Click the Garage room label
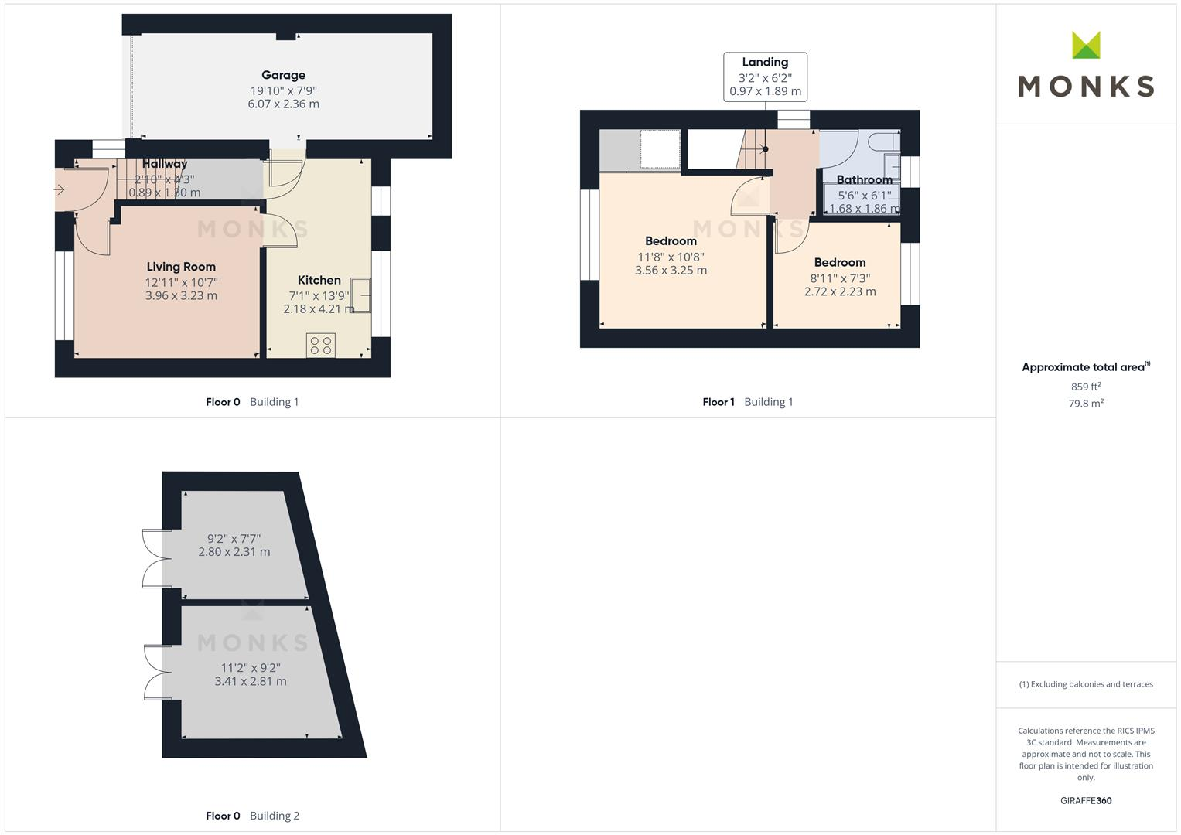pyautogui.click(x=283, y=75)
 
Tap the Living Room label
pyautogui.click(x=181, y=267)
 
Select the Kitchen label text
pyautogui.click(x=319, y=280)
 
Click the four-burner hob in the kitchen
pyautogui.click(x=321, y=345)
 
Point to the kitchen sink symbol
pyautogui.click(x=361, y=295)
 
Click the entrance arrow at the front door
pyautogui.click(x=60, y=189)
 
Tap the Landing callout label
pyautogui.click(x=765, y=63)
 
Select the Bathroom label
pyautogui.click(x=864, y=180)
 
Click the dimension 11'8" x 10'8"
pyautogui.click(x=671, y=257)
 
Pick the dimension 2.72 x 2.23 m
pyautogui.click(x=840, y=291)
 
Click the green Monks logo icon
pyautogui.click(x=1086, y=45)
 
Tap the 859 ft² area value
pyautogui.click(x=1086, y=387)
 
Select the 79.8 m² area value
pyautogui.click(x=1086, y=404)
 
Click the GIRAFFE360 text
pyautogui.click(x=1086, y=801)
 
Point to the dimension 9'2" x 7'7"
pyautogui.click(x=234, y=538)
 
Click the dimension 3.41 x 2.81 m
pyautogui.click(x=251, y=682)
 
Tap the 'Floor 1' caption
pyautogui.click(x=718, y=402)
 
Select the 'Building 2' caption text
pyautogui.click(x=275, y=816)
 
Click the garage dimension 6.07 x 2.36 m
pyautogui.click(x=283, y=104)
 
